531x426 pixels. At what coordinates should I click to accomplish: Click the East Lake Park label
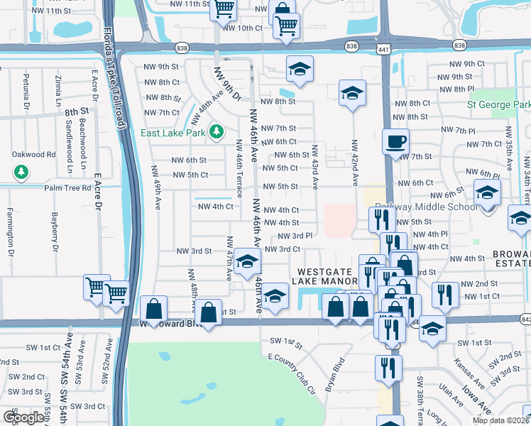tap(173, 133)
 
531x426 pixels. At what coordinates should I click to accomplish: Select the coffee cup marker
tap(395, 141)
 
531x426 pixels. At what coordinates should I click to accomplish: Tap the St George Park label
tap(498, 104)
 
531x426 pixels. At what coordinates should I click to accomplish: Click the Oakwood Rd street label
tap(33, 154)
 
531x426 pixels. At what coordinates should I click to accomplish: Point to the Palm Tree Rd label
tap(68, 188)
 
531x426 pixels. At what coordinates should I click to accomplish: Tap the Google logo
tap(24, 417)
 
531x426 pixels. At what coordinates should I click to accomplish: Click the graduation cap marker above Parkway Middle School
tap(487, 193)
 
